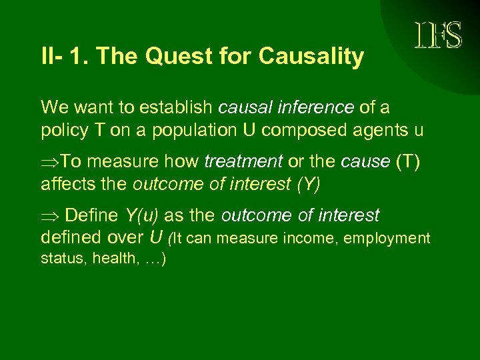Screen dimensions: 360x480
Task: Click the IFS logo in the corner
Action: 437,35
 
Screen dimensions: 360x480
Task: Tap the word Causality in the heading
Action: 311,57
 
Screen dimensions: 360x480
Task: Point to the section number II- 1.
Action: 65,57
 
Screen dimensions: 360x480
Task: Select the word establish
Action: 173,107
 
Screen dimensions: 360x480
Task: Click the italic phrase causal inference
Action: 287,107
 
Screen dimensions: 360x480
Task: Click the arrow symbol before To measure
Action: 50,162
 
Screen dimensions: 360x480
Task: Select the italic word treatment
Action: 243,162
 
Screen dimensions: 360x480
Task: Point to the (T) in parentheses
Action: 406,162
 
